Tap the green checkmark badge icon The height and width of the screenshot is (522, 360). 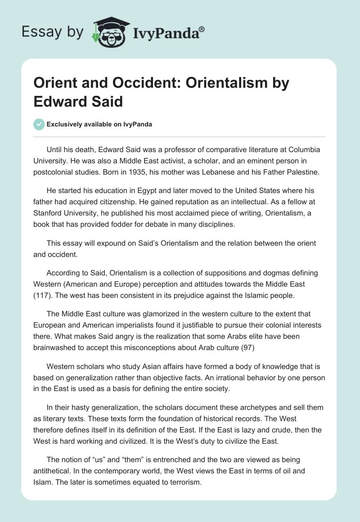39,124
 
